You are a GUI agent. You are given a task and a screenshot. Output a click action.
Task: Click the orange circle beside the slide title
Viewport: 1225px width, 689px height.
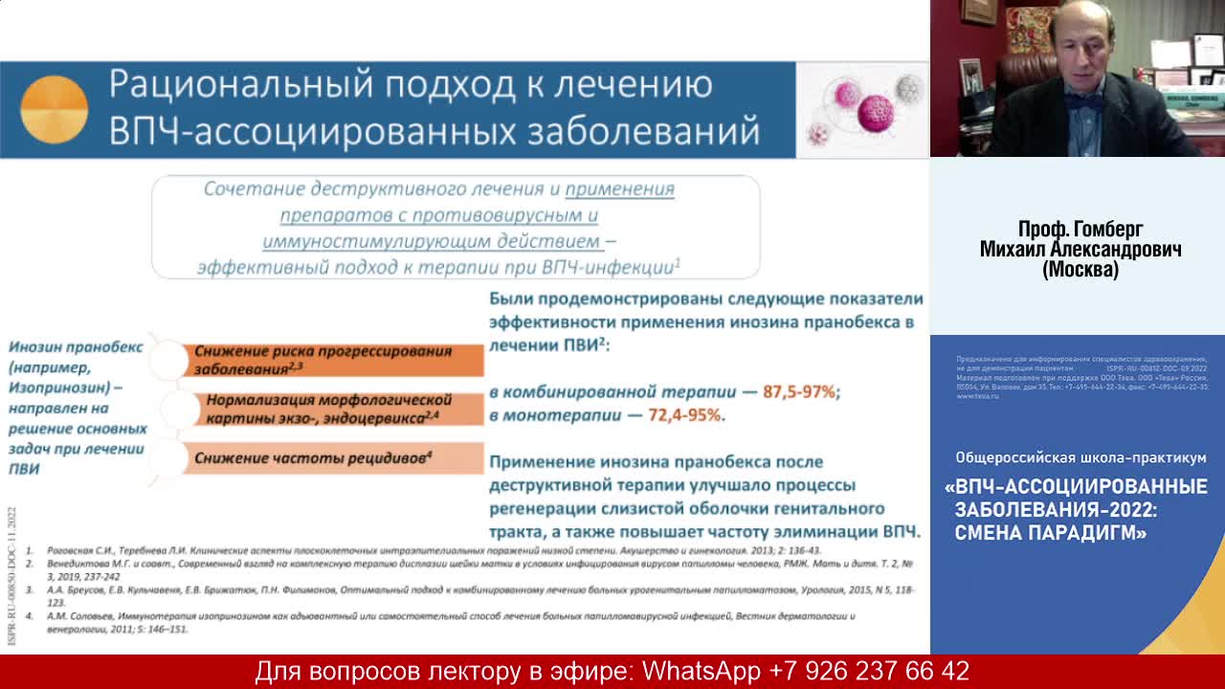54,110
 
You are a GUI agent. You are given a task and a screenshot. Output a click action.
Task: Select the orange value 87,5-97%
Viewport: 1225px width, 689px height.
799,391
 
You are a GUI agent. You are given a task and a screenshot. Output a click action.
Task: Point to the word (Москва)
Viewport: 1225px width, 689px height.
1080,271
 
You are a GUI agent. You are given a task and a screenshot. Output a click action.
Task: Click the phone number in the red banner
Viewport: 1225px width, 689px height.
869,672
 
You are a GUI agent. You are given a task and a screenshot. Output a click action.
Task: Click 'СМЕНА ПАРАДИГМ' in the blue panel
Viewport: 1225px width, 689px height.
1050,533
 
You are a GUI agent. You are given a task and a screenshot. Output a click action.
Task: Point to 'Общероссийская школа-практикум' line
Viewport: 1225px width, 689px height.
1080,457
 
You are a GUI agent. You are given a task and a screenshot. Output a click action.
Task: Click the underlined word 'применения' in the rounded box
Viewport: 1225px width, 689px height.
619,189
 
